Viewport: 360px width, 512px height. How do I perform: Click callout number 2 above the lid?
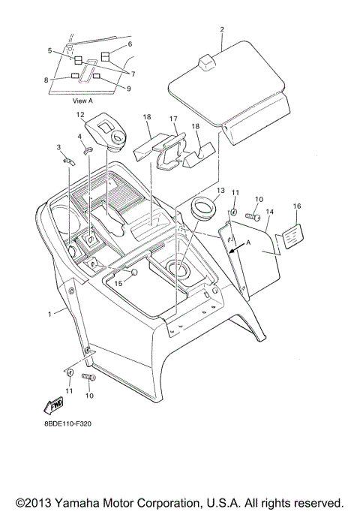[x=223, y=30]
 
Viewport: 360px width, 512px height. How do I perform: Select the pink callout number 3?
[x=60, y=147]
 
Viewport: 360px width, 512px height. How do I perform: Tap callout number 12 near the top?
[x=80, y=114]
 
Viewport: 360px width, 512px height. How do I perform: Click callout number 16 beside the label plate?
[x=296, y=206]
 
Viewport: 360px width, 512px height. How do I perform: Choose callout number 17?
[x=172, y=119]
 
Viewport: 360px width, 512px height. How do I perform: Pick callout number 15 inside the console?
[x=118, y=282]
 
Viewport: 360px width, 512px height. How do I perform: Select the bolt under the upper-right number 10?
[x=253, y=218]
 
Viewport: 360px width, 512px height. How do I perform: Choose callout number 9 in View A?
[x=129, y=89]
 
